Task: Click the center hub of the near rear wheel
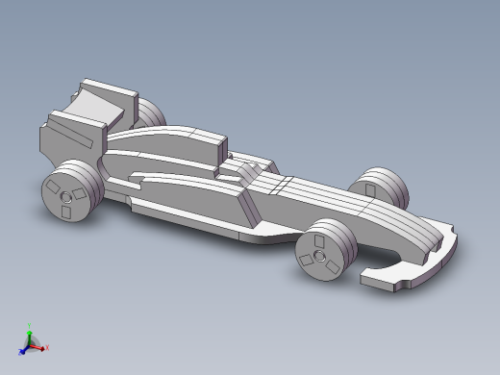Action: point(65,197)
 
